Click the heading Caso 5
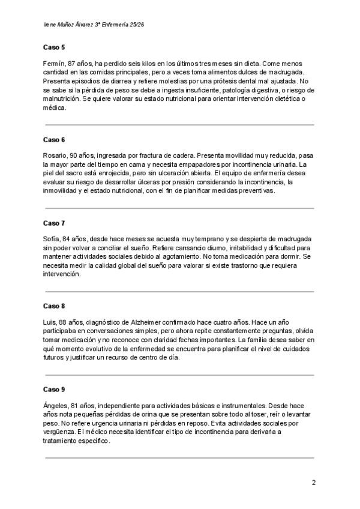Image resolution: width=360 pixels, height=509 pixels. [x=54, y=47]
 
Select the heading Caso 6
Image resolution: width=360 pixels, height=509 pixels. [x=54, y=139]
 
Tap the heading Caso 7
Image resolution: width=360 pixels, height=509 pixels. [x=54, y=223]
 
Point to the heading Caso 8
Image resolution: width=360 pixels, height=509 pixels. [x=54, y=306]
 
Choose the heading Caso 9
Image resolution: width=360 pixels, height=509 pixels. [x=54, y=389]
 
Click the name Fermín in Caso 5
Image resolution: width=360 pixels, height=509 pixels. [x=54, y=63]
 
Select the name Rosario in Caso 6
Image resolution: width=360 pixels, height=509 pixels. [x=56, y=155]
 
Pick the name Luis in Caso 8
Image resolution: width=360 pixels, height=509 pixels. [x=50, y=322]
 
